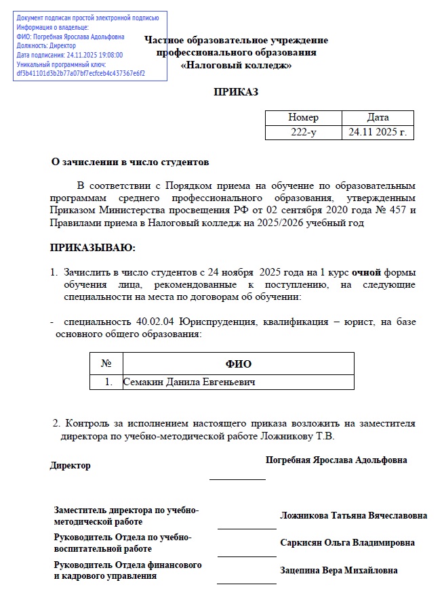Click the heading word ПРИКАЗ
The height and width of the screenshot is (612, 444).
(236, 92)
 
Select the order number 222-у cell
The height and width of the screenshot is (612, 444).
(303, 133)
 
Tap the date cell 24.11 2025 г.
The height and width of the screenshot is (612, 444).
(377, 133)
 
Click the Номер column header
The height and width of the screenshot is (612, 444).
(303, 118)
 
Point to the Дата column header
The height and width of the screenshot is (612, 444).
(377, 118)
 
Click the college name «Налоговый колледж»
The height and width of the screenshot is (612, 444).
(236, 66)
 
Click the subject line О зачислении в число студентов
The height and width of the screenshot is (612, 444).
(131, 162)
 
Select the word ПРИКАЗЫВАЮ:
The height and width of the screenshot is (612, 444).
(93, 248)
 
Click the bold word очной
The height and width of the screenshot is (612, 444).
(366, 272)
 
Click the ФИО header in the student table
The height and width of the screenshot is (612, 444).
(238, 364)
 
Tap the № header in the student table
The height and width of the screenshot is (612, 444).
(106, 364)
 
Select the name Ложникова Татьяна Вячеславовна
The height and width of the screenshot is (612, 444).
(353, 516)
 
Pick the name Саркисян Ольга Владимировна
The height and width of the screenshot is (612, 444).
(347, 543)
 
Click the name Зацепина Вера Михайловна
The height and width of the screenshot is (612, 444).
(338, 570)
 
